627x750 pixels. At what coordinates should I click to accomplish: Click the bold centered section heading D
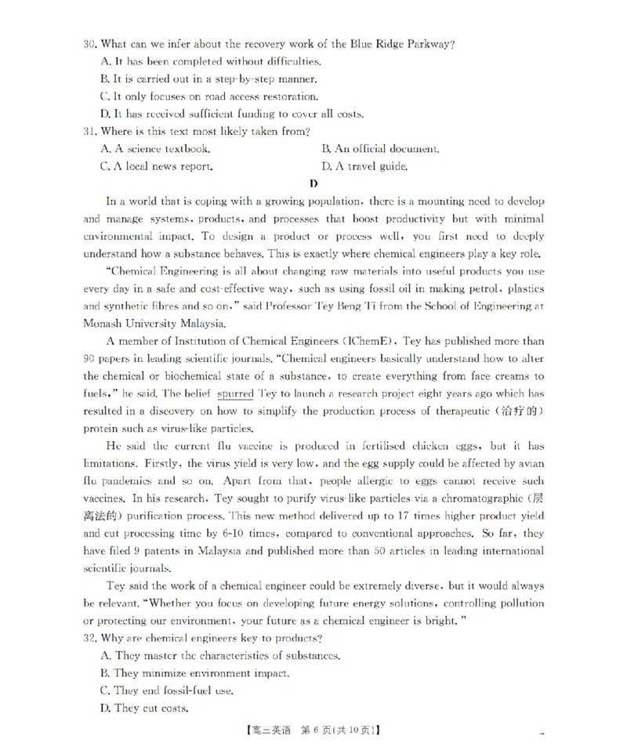313,184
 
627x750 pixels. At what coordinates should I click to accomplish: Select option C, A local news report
157,166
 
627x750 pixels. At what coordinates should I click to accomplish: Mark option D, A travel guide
364,166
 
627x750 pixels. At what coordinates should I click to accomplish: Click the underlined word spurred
235,393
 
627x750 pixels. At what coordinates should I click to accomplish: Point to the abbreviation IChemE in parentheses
367,341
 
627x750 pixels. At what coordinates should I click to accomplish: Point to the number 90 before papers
90,358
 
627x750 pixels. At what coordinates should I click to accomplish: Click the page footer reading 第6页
312,730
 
